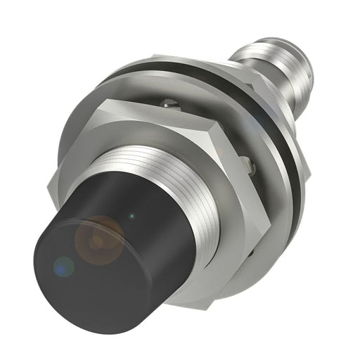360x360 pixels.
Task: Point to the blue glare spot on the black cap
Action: coord(63,266)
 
